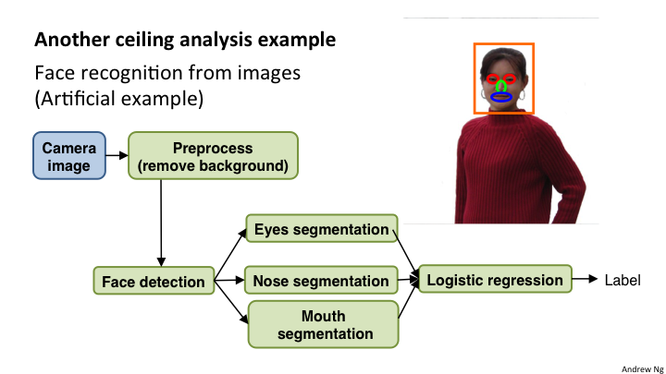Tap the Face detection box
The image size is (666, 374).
pos(154,281)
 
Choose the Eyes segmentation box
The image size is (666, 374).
pos(321,229)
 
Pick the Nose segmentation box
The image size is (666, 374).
pos(321,281)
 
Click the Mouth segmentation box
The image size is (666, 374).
pos(321,323)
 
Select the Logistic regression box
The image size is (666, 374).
pos(495,279)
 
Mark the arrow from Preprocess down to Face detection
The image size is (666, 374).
pos(162,222)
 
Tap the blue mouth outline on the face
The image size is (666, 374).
pos(500,97)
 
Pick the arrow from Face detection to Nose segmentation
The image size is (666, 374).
pos(228,280)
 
